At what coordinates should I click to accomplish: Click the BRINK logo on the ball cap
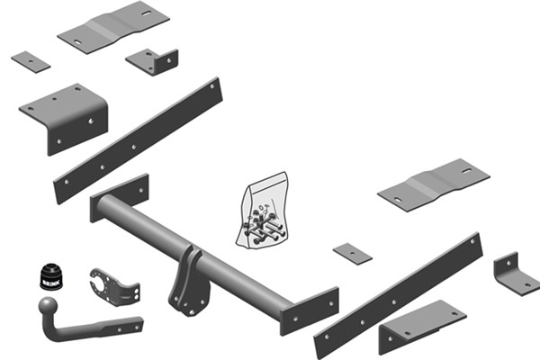(51, 283)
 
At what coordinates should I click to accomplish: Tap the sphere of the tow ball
(48, 306)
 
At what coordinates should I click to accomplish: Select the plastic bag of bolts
(263, 211)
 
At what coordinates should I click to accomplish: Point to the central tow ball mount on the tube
(189, 283)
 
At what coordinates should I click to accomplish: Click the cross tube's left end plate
(119, 197)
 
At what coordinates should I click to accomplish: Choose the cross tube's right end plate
(310, 310)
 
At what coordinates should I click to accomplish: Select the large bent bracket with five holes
(64, 118)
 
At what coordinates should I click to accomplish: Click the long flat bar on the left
(138, 141)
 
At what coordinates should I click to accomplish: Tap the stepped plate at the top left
(113, 27)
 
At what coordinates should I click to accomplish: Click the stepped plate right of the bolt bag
(434, 185)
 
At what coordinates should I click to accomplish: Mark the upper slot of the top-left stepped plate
(146, 13)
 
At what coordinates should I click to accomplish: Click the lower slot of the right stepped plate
(398, 200)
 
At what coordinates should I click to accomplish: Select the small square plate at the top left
(31, 62)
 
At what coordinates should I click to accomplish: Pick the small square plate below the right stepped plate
(352, 254)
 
